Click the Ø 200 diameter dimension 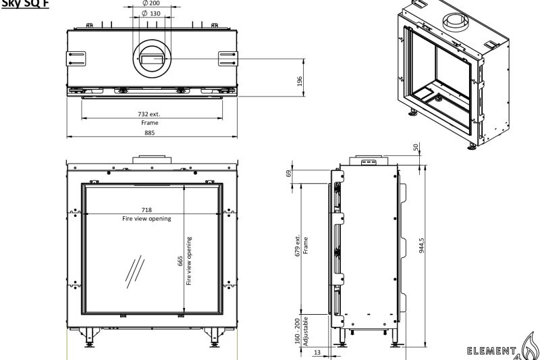151,3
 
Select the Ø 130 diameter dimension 151,14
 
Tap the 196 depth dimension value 299,81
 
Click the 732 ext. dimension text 149,114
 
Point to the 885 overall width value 149,132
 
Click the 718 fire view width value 146,210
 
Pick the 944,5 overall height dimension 421,246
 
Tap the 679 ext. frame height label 298,246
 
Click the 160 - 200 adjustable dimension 297,331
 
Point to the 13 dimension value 317,353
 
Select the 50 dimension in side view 416,147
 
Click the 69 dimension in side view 289,173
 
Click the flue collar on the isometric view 455,21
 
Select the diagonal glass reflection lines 134,272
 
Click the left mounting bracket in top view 76,59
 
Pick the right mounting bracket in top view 227,59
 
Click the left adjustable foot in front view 89,338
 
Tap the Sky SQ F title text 25,3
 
